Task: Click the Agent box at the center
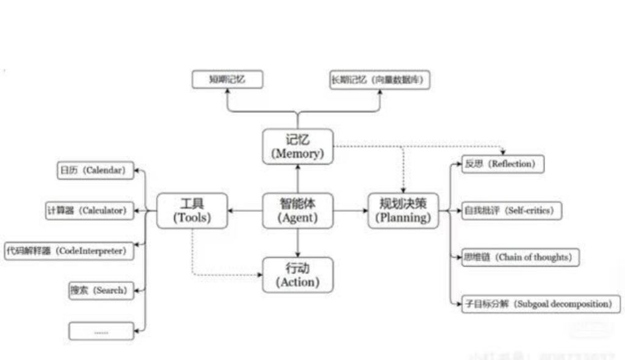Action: coord(298,211)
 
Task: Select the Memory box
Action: coord(298,146)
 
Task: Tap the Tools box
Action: coord(192,211)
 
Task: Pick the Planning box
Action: coord(403,211)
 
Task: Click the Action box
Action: coord(298,275)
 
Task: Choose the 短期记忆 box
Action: coord(227,79)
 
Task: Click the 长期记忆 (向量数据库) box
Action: coord(380,80)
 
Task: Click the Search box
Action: coord(101,290)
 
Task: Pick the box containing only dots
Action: coord(101,331)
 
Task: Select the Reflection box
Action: coord(502,164)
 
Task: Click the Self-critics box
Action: coord(511,211)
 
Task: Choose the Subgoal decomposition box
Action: coord(541,303)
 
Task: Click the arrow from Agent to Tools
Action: coord(245,211)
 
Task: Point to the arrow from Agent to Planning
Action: coord(350,211)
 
